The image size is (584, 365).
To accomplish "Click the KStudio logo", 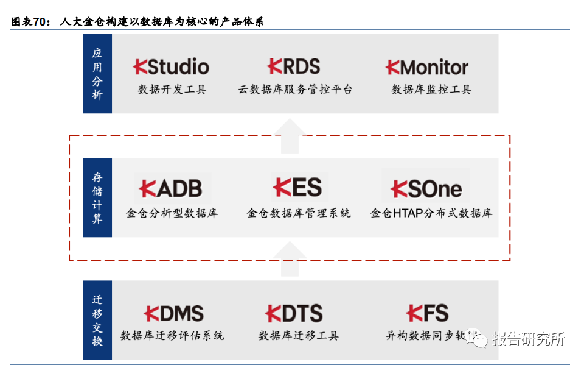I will point(171,66).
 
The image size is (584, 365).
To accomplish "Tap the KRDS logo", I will point(294,66).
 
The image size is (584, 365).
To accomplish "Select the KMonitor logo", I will point(427,67).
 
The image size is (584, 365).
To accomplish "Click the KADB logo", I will point(171,188).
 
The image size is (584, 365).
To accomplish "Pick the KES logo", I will point(297,188).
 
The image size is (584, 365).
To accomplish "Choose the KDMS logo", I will point(173,314).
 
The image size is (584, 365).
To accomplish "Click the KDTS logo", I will point(294,314).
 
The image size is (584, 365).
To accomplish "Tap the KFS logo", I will point(427,314).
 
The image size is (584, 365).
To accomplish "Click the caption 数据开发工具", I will point(172,90).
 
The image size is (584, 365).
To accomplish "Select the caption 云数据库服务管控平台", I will point(295,90).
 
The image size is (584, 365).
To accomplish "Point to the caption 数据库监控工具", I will point(431,90).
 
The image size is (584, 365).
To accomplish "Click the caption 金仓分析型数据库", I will point(172,213).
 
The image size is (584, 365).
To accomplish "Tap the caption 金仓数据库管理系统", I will point(299,213).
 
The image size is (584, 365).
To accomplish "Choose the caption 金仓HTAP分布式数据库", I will point(431,213).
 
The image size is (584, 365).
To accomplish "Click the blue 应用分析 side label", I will point(97,74).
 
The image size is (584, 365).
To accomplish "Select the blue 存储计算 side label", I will point(97,197).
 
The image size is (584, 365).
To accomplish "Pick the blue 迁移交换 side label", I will point(97,320).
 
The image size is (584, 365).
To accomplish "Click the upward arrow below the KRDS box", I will point(293,136).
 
